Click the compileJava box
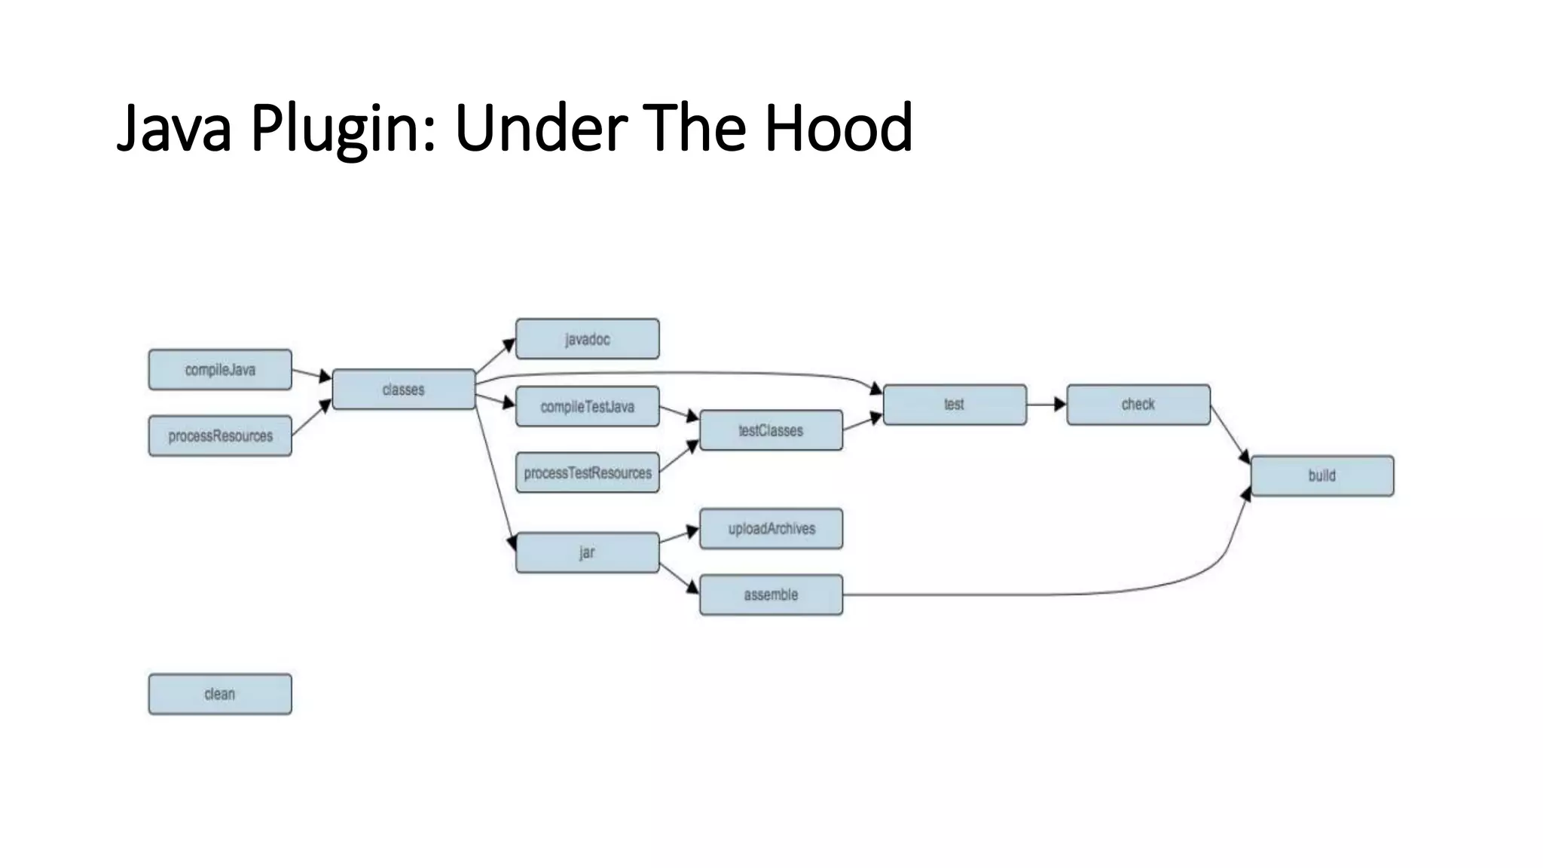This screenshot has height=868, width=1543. [x=220, y=370]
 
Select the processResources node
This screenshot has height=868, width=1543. [x=220, y=436]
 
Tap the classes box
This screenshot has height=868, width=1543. [x=404, y=390]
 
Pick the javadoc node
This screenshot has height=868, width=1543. [x=588, y=339]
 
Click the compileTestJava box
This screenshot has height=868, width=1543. [x=588, y=407]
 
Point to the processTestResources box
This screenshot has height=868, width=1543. [x=588, y=473]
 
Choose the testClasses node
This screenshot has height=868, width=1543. [x=771, y=431]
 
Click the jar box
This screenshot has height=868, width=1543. [x=588, y=553]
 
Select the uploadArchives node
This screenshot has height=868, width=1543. [x=771, y=529]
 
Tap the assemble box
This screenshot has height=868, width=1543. [x=771, y=595]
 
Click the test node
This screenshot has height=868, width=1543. [x=955, y=405]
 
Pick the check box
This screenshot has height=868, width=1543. [x=1138, y=405]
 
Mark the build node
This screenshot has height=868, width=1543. [x=1322, y=476]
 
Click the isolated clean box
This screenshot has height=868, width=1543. [x=220, y=694]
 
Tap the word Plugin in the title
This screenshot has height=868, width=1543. [x=343, y=128]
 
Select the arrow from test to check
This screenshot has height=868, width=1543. [x=1046, y=405]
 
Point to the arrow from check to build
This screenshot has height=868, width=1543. [x=1230, y=434]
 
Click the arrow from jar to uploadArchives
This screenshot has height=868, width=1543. [x=679, y=536]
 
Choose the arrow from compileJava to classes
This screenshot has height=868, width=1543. [x=311, y=374]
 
